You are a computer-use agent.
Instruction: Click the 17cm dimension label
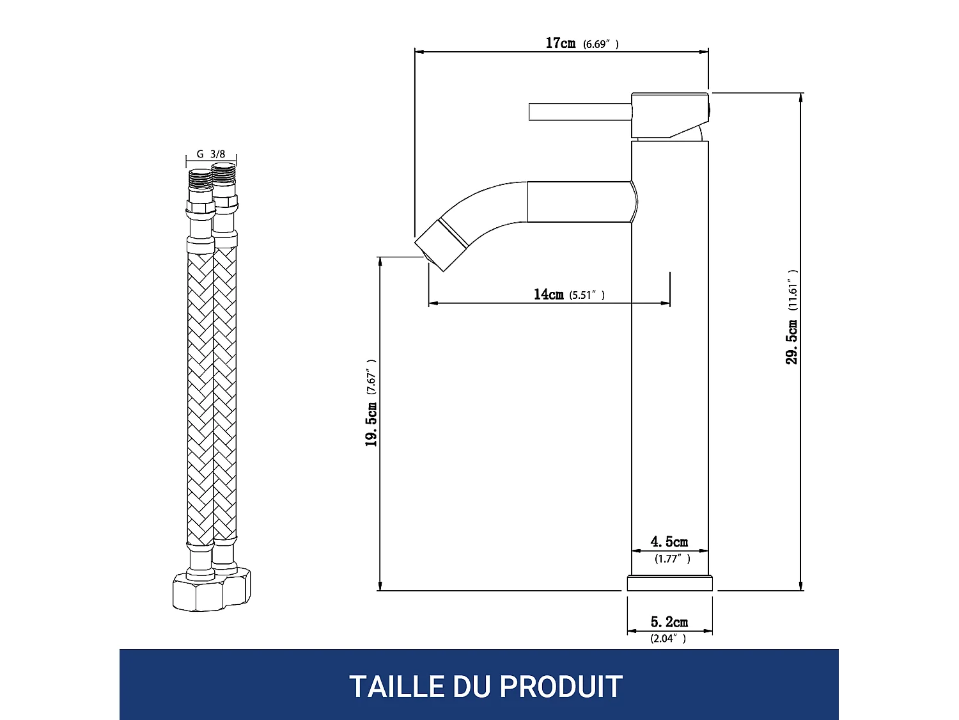point(560,43)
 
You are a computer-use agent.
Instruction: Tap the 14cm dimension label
point(549,294)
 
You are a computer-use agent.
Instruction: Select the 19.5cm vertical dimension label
point(371,424)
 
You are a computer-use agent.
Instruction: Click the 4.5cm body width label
point(669,542)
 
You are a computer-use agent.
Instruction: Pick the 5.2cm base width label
point(669,622)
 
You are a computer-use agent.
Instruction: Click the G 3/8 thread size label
point(211,154)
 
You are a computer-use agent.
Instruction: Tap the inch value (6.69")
point(600,44)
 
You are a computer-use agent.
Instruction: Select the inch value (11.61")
point(793,291)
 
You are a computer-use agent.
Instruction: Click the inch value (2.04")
point(668,638)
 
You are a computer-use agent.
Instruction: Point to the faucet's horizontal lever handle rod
point(579,111)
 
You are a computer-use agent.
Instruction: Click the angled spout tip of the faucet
point(441,244)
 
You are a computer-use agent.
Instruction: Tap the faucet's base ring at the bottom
point(669,583)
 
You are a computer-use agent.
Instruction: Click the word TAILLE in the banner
point(396,687)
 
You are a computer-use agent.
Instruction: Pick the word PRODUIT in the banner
point(561,687)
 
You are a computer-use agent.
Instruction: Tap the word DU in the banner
point(472,687)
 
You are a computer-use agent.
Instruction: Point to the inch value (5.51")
point(587,295)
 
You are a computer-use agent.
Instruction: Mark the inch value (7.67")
point(371,376)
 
